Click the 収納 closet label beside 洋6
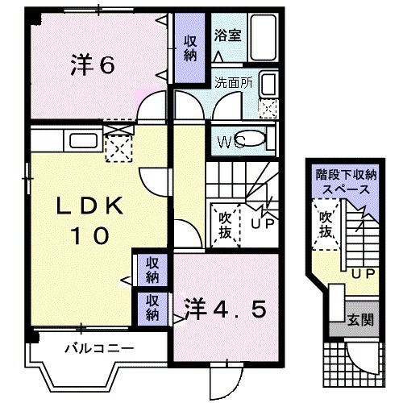pyautogui.click(x=190, y=48)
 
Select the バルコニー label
pyautogui.click(x=98, y=348)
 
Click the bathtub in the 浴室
pyautogui.click(x=263, y=35)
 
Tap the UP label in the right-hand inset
pyautogui.click(x=361, y=274)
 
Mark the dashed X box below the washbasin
pyautogui.click(x=268, y=106)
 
